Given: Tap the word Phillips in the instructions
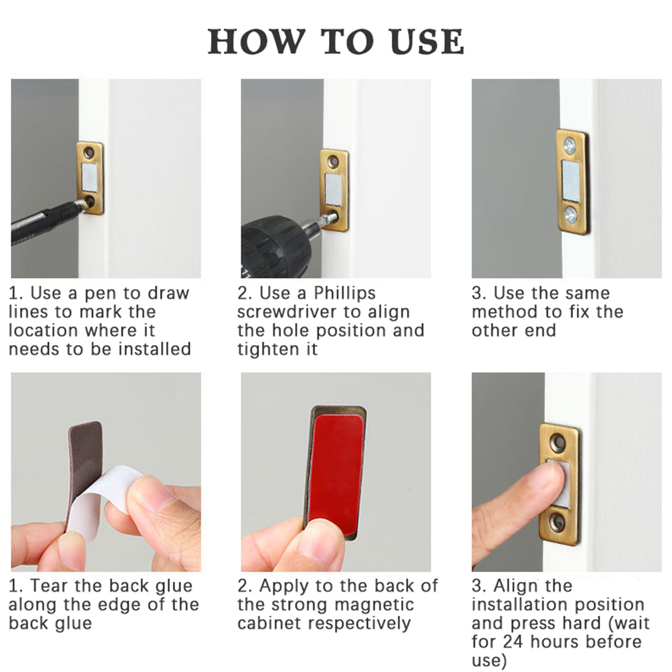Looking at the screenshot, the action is [344, 293].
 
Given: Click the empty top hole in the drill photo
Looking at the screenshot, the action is [333, 160].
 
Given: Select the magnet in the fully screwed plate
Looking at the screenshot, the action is [571, 180].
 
